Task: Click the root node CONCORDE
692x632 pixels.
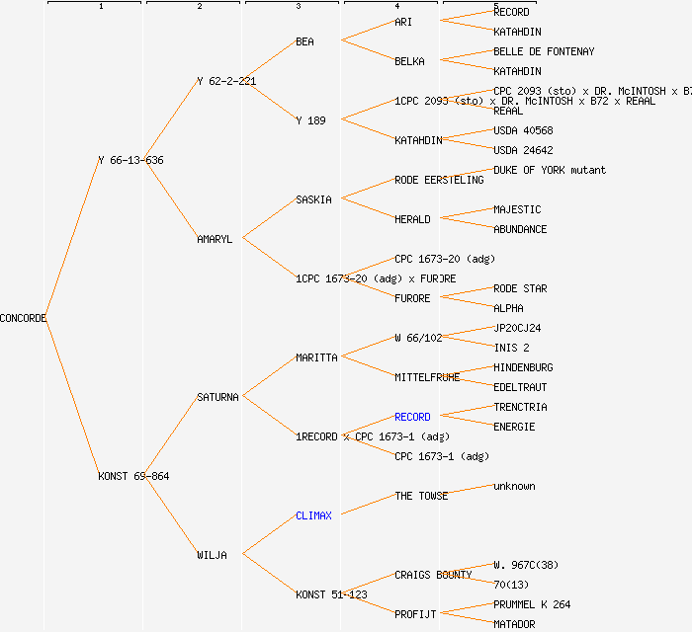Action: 23,318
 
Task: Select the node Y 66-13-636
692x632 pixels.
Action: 130,160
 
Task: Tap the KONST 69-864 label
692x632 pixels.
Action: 133,476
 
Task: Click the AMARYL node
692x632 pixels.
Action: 215,239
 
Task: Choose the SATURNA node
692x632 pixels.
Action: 217,397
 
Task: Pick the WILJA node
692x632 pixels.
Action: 212,555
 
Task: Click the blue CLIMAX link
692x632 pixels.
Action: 313,515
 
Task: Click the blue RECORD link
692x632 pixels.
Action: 412,417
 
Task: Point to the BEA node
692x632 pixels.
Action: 304,41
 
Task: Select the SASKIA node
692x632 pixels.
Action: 313,199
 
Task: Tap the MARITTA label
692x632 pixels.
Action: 316,357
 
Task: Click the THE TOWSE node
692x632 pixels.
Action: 421,496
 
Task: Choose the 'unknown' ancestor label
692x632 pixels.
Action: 514,486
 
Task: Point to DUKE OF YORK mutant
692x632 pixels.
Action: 550,170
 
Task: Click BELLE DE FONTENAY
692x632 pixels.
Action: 544,51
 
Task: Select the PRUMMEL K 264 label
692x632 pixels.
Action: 532,604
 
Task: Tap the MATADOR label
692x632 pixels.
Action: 514,624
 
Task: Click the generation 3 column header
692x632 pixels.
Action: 298,6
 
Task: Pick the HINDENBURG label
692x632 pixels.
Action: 523,367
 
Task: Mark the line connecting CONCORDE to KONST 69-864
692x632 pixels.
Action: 71,397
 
